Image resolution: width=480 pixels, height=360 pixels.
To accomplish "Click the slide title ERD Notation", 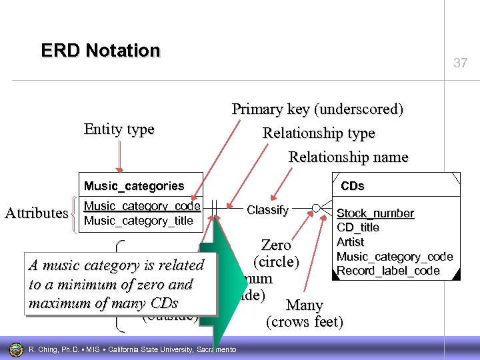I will click(101, 51).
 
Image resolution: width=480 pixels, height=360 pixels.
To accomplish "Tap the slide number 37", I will click(460, 63).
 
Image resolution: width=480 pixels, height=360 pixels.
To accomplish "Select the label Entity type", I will click(119, 129).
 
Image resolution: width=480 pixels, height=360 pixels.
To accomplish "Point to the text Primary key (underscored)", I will click(317, 109).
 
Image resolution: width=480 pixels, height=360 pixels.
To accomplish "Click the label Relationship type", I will click(319, 133).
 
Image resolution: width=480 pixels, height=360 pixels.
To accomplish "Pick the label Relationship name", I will click(348, 157).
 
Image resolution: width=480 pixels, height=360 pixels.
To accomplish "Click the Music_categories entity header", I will click(133, 185).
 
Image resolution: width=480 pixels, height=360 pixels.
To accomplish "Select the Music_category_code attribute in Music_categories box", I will click(141, 207).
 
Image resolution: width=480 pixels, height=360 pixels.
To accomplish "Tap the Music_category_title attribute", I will click(138, 221).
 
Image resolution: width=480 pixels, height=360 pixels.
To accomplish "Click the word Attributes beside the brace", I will click(36, 213).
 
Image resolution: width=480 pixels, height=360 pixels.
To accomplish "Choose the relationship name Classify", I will click(267, 210).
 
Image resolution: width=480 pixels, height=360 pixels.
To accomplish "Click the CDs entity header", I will click(353, 186).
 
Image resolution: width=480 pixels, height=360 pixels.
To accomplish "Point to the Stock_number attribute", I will click(375, 213).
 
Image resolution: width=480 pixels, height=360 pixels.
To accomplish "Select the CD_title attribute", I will click(358, 227).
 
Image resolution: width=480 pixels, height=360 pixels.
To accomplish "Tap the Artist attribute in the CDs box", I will click(350, 241).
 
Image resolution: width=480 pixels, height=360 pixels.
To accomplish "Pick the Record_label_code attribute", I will click(388, 271).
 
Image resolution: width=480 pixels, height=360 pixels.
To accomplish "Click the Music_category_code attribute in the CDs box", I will click(395, 256).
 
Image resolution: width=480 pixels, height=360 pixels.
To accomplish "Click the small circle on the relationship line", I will click(317, 207).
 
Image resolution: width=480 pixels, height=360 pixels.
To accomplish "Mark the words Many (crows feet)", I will click(305, 314).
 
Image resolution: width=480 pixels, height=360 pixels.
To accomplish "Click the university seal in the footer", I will click(15, 349).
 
